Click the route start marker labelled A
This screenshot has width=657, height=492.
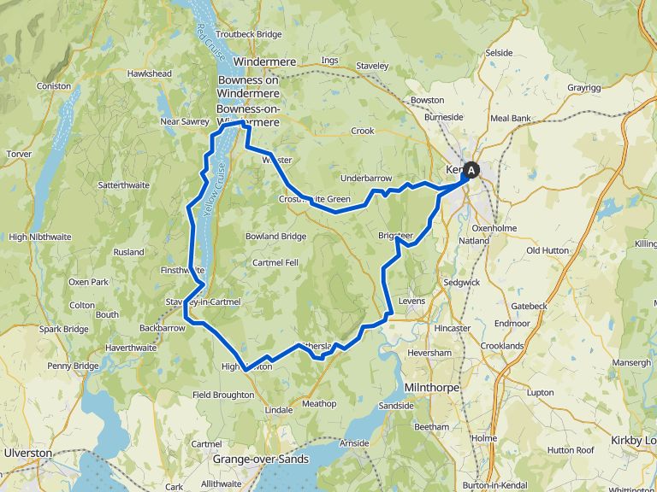(471, 170)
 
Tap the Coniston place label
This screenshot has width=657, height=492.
(53, 85)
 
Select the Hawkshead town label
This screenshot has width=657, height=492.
(149, 73)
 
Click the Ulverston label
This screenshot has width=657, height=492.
(28, 453)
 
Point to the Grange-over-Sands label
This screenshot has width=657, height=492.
(260, 459)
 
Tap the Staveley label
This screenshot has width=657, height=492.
(372, 66)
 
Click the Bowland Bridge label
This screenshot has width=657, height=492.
(275, 236)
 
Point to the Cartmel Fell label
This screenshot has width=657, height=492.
(275, 262)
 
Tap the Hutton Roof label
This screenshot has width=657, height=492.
(571, 450)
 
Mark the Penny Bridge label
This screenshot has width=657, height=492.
(73, 366)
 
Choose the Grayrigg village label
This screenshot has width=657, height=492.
(583, 87)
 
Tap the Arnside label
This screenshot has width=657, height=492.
(353, 443)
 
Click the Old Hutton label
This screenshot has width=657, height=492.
(546, 250)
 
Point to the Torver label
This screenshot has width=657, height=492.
(19, 154)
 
